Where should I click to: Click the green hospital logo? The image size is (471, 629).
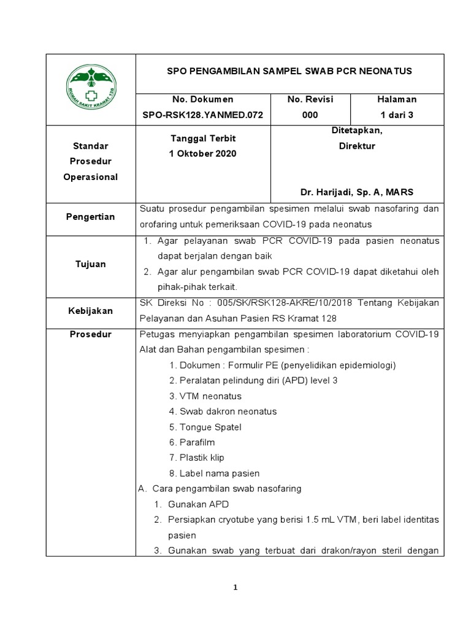click(x=91, y=88)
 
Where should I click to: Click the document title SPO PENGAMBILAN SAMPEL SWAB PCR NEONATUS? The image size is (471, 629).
click(x=289, y=71)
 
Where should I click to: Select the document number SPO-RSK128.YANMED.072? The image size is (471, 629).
click(x=203, y=115)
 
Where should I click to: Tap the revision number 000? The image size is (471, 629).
click(x=310, y=115)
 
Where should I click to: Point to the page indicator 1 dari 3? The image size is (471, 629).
click(x=397, y=115)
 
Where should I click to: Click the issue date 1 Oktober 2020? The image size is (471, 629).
click(x=202, y=154)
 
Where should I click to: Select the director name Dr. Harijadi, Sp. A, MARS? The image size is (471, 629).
click(x=358, y=192)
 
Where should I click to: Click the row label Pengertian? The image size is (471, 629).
click(x=91, y=217)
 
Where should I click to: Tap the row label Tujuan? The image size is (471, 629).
click(x=91, y=264)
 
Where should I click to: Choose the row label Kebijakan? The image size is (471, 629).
click(x=91, y=311)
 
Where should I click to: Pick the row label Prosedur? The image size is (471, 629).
click(x=91, y=334)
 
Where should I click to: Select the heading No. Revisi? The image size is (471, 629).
click(x=310, y=99)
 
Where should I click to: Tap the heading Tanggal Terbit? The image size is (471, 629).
click(x=202, y=139)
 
